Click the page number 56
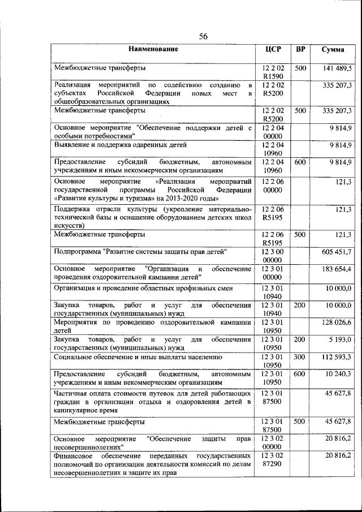pos(204,37)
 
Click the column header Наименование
pos(153,49)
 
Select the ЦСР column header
pos(273,49)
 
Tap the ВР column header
pos(301,49)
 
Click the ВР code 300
pos(300,357)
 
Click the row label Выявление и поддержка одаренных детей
pos(120,145)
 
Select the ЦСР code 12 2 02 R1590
pos(273,72)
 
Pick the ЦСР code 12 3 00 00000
pos(273,255)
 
